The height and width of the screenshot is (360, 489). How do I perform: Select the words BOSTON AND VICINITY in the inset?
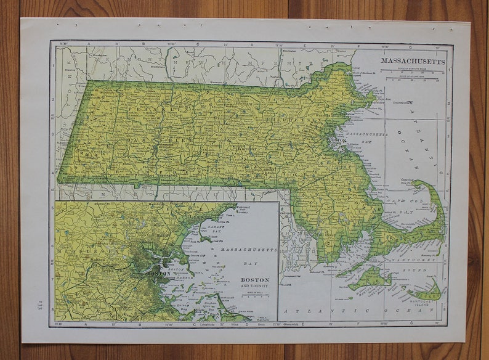tap(254, 282)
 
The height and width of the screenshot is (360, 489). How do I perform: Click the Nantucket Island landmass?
tap(426, 292)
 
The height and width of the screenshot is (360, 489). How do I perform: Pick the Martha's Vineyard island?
tap(370, 279)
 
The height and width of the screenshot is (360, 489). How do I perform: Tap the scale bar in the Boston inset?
tap(253, 295)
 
